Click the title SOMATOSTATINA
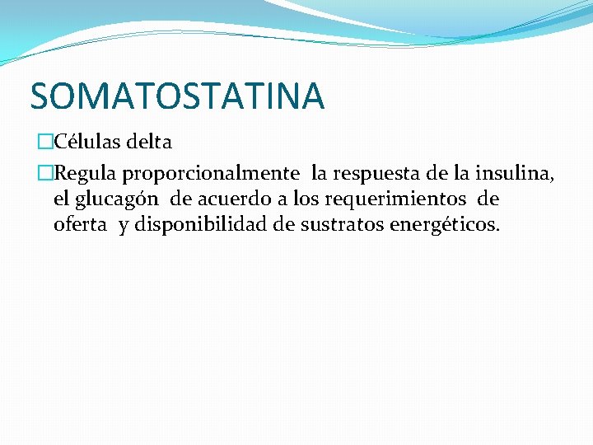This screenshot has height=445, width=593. pos(177,96)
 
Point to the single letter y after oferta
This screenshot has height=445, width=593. pos(124,227)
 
